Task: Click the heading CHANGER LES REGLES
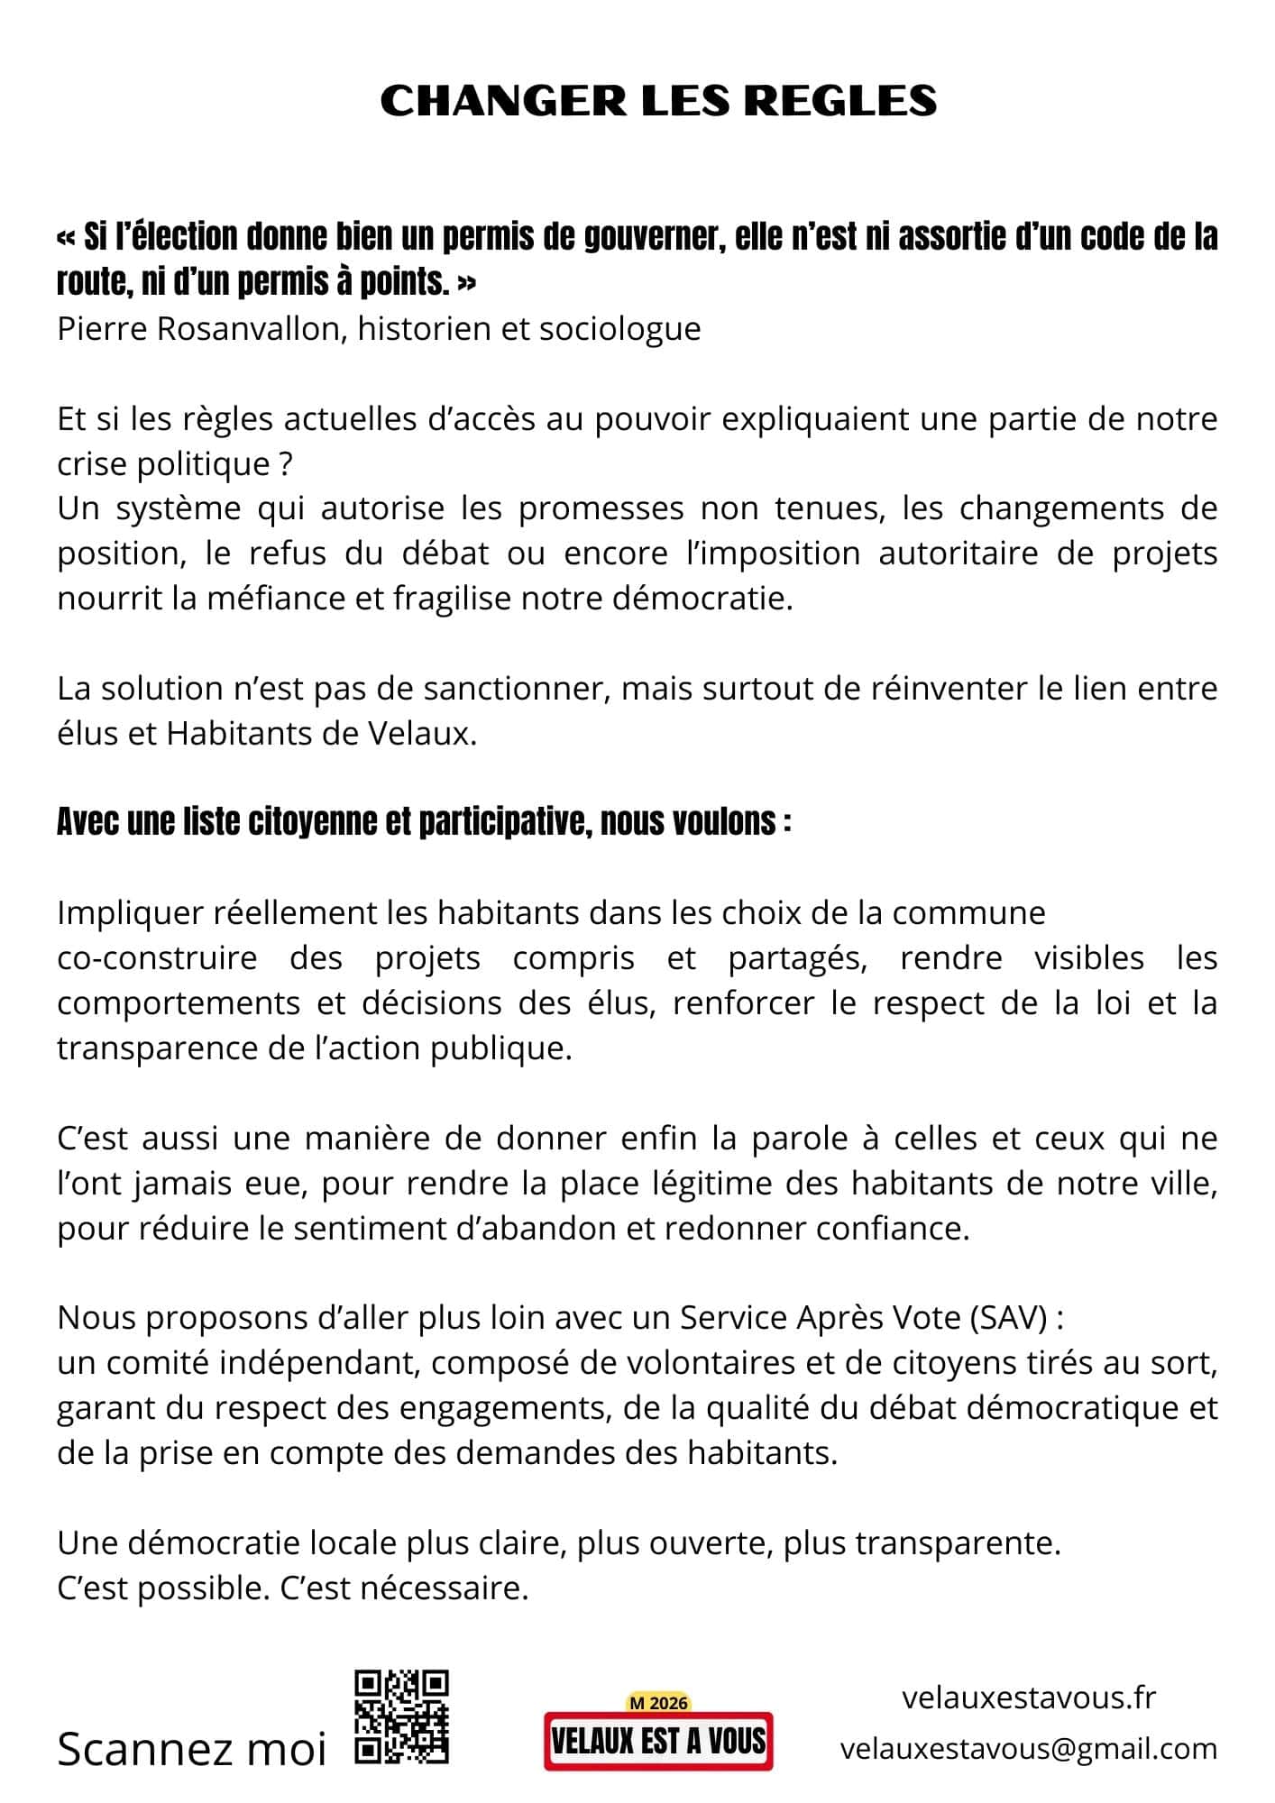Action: pos(658,100)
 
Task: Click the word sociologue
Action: pos(619,329)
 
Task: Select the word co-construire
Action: pos(157,957)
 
